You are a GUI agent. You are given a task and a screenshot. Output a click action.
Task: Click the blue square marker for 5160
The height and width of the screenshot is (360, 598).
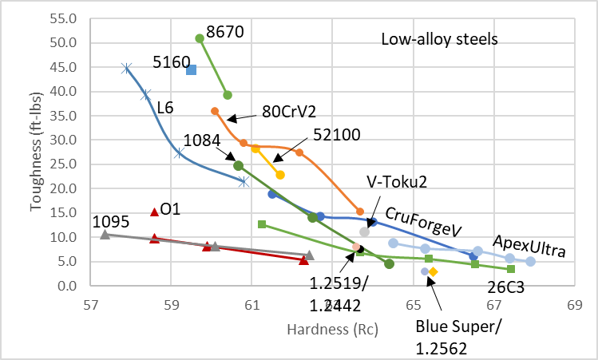click(192, 69)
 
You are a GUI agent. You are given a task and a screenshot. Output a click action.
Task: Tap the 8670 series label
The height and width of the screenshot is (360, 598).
click(225, 32)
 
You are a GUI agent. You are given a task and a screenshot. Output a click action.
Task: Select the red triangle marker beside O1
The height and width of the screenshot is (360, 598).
click(155, 212)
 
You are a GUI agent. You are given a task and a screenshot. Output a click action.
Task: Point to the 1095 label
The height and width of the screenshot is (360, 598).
click(112, 220)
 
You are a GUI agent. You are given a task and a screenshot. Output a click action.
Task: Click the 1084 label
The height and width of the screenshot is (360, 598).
click(201, 140)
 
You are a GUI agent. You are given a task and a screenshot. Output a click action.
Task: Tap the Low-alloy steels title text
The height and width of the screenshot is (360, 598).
click(440, 39)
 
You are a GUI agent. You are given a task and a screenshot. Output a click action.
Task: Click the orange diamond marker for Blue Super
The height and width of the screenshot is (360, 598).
click(433, 272)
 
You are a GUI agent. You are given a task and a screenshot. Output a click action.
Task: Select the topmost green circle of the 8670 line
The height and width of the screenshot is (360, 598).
click(200, 38)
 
